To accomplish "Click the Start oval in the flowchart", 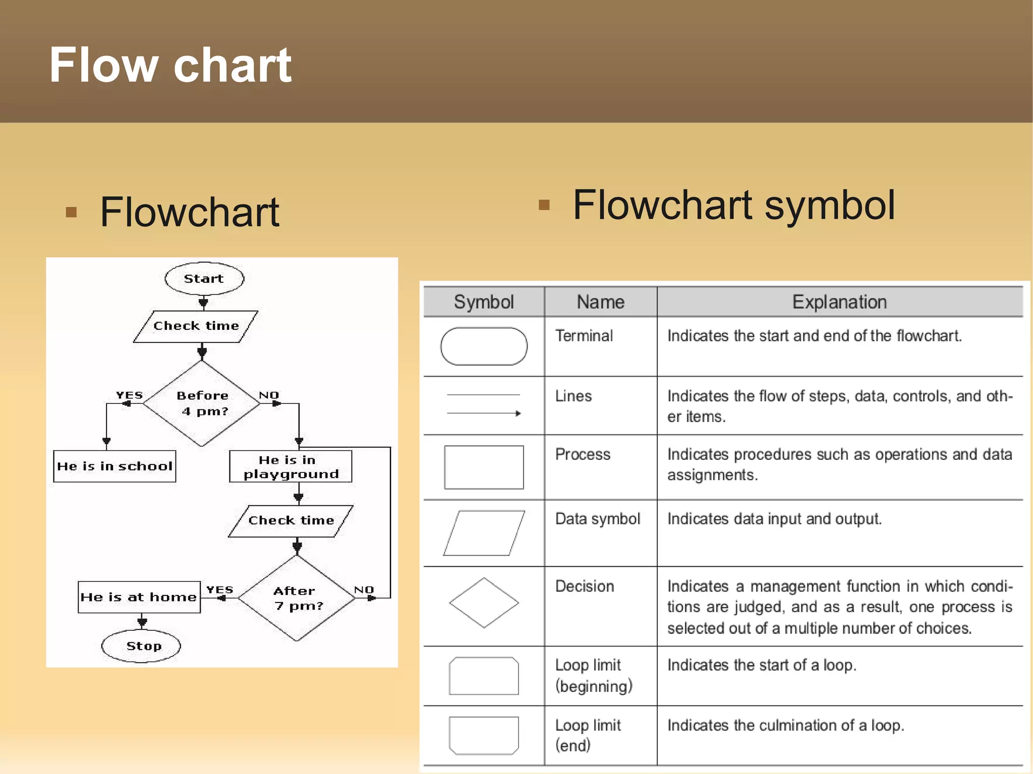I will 204,278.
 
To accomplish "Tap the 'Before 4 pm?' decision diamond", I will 202,403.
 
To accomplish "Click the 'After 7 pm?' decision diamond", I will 297,598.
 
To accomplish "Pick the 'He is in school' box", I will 114,466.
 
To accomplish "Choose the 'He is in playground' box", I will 291,467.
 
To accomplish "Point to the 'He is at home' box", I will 139,598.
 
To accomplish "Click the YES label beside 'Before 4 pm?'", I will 130,395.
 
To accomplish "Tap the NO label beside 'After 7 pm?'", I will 364,589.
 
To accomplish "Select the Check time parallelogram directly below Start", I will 196,326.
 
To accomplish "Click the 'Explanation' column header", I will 839,302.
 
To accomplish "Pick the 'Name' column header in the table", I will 600,302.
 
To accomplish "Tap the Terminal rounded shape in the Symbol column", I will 484,346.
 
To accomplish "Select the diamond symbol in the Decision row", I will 484,603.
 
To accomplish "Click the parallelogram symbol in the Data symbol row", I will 484,533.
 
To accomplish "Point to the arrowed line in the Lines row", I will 484,413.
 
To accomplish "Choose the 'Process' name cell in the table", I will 583,454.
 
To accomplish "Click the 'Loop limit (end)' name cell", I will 588,735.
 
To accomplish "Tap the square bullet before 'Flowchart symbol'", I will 544,205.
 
